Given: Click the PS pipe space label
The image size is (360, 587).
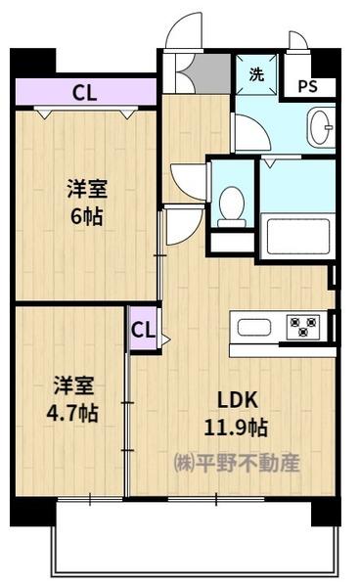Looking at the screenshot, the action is pos(307,86).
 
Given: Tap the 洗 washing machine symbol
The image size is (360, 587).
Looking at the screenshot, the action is pos(256,74).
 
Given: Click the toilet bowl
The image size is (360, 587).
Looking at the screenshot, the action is pos(232,206).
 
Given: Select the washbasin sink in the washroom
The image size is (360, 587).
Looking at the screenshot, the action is pos(320,126).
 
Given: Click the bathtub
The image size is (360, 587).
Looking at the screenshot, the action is pos(297,236).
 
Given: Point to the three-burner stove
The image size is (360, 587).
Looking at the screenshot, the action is pos(303,327).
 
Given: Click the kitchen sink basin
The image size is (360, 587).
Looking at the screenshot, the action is pos(254,328).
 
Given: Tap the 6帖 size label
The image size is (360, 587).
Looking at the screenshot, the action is pos(87,217).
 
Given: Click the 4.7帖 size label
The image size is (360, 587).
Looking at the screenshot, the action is pos(72,413).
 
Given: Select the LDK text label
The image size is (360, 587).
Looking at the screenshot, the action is pos(238,400).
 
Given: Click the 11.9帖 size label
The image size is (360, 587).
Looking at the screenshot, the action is pos(236,428).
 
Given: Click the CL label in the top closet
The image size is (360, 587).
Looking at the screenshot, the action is pos(85,93).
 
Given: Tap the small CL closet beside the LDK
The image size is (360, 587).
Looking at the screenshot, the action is pos(144,330).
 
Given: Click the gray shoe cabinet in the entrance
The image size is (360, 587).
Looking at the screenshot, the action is pos(212,73).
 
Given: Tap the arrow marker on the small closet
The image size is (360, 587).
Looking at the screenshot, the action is pos(165,339).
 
